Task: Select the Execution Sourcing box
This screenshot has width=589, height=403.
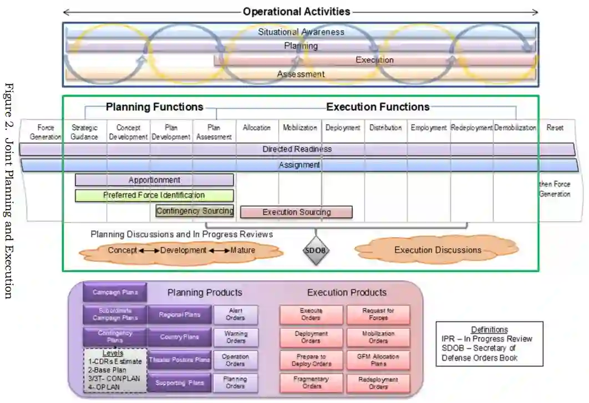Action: tap(296, 212)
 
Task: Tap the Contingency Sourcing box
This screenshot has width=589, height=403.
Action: tap(195, 211)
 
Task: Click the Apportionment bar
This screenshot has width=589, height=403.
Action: tap(154, 180)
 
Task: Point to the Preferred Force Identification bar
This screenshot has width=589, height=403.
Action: tap(154, 195)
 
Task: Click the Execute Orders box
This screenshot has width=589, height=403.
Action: tap(311, 314)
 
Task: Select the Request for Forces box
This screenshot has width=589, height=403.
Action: tap(379, 314)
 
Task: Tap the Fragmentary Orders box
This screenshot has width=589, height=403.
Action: tap(311, 382)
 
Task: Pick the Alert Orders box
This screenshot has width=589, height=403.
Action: tap(236, 314)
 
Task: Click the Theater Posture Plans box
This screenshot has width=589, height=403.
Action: tap(179, 360)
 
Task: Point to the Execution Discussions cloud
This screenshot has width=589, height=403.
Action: tap(437, 250)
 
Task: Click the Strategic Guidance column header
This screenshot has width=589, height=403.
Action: tap(85, 131)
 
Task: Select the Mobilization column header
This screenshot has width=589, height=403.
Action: tap(300, 127)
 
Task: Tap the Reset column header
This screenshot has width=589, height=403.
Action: tap(555, 127)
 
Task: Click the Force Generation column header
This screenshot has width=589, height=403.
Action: tap(42, 131)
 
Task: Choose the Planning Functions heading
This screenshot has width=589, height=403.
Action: tap(154, 107)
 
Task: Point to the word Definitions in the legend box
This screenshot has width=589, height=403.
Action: tap(489, 330)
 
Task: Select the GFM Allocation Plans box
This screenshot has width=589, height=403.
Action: tap(379, 360)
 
